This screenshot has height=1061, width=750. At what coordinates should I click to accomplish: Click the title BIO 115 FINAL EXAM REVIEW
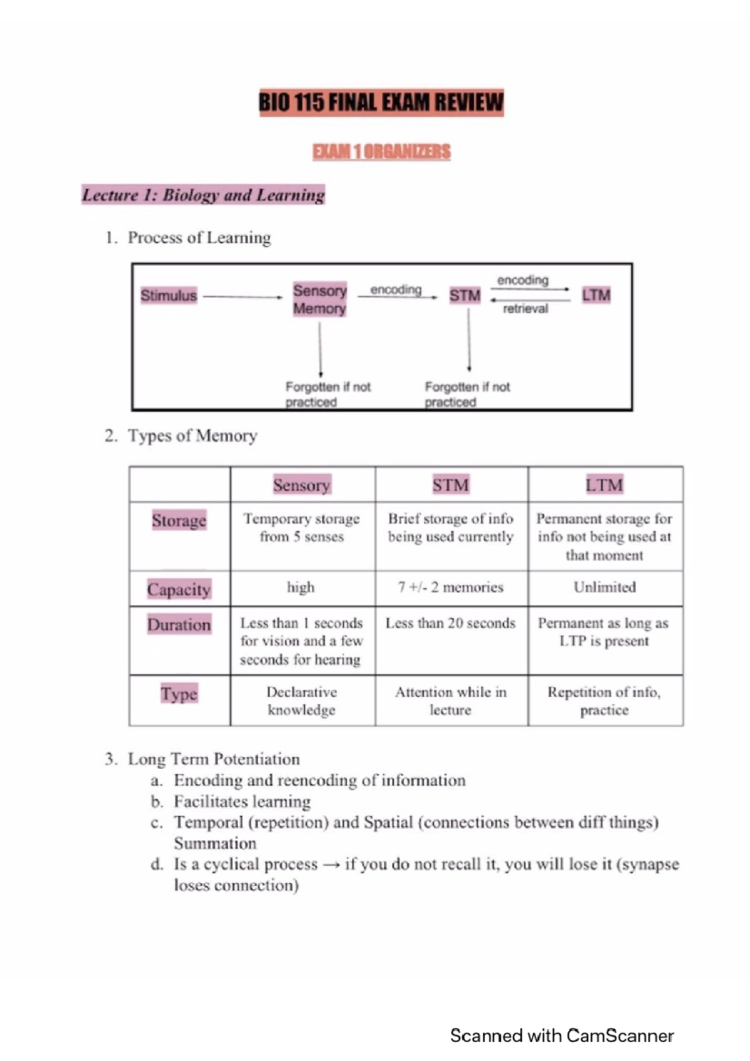[x=381, y=102]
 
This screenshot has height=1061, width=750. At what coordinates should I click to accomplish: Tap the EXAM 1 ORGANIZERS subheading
[x=381, y=152]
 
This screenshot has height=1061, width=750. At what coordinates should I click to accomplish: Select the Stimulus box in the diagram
[x=169, y=296]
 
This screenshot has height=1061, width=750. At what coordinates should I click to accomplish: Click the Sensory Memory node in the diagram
[x=319, y=299]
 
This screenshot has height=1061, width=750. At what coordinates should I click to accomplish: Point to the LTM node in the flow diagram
[x=596, y=295]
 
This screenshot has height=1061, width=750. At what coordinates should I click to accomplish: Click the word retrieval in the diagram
[x=525, y=309]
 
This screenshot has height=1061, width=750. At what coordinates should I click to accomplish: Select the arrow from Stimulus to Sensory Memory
[x=242, y=297]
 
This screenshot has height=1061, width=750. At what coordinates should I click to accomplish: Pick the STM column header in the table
[x=451, y=485]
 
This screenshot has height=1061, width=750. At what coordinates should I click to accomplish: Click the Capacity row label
[x=179, y=589]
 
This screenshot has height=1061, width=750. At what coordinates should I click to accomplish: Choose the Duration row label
[x=179, y=624]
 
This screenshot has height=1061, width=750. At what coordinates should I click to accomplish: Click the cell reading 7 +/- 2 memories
[x=451, y=587]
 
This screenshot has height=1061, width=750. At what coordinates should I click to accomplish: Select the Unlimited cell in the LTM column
[x=604, y=587]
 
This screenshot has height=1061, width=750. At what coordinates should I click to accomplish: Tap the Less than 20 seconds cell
[x=451, y=623]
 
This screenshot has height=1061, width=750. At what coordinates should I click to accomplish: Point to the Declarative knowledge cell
[x=301, y=700]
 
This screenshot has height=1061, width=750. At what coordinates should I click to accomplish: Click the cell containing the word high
[x=301, y=587]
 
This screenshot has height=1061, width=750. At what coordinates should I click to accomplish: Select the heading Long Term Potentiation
[x=214, y=759]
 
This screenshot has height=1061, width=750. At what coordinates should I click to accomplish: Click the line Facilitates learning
[x=242, y=802]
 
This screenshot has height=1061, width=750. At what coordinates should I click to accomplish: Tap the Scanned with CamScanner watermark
[x=562, y=1035]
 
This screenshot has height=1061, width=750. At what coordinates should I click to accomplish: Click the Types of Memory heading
[x=192, y=436]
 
